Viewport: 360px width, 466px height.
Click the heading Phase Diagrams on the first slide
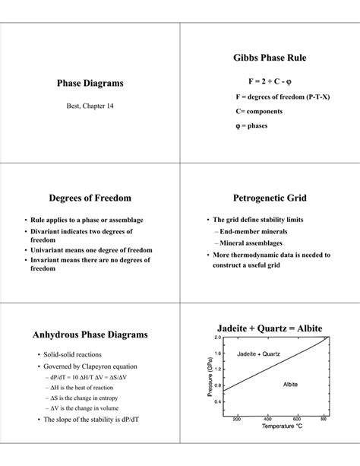(90, 82)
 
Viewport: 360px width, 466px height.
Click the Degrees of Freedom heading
(90, 198)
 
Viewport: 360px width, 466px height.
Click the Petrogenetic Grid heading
(270, 198)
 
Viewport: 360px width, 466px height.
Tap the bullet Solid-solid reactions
(83, 355)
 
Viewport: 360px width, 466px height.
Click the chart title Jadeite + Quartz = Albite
(270, 328)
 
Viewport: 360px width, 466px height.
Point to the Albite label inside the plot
(291, 385)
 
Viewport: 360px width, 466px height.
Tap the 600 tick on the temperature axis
(295, 420)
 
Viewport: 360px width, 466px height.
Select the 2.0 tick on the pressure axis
(217, 338)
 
